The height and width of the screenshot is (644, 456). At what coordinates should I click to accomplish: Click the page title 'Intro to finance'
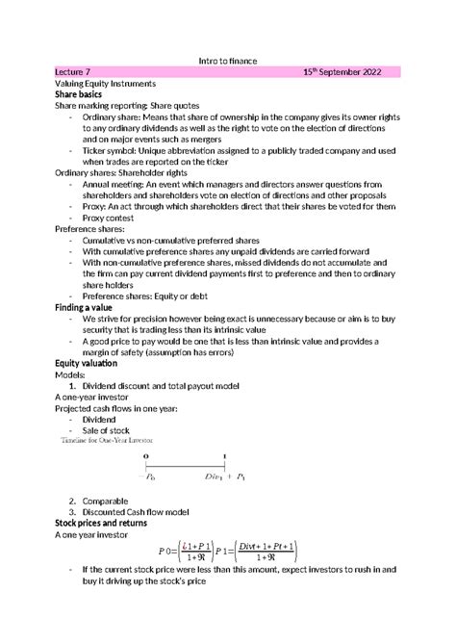tap(227, 60)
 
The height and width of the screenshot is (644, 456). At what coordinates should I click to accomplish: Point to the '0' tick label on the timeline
tap(146, 456)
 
